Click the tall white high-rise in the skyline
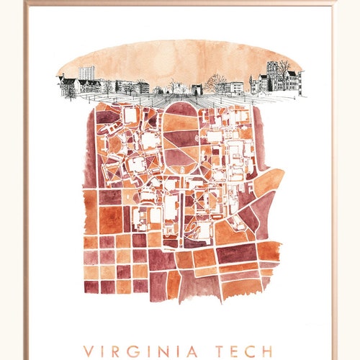click(86, 76)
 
